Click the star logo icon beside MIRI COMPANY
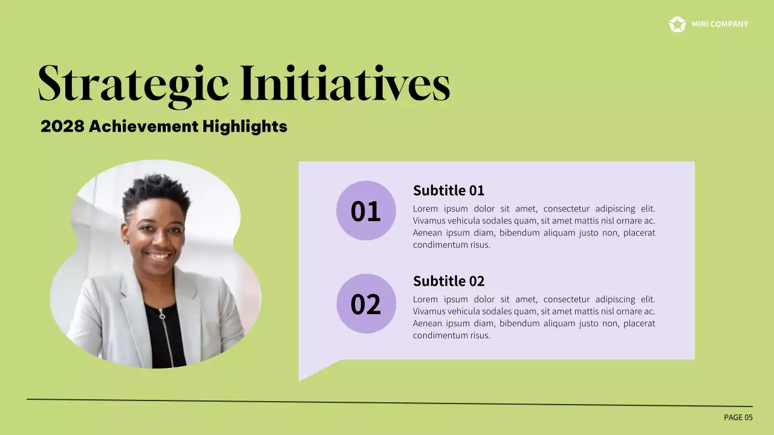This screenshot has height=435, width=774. tap(677, 24)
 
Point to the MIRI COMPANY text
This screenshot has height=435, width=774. tap(720, 24)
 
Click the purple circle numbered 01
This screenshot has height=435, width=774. tap(366, 211)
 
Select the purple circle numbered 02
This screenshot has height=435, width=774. tap(366, 303)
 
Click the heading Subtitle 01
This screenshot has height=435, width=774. tap(449, 190)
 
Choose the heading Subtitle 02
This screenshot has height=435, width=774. tap(449, 281)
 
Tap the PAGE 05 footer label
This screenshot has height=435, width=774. tap(738, 417)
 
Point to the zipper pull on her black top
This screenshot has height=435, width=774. tap(162, 315)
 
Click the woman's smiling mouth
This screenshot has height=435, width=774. tap(160, 256)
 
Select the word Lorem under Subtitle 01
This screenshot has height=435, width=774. tap(426, 208)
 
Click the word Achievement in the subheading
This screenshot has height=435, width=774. tap(143, 126)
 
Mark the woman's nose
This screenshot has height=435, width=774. tap(158, 240)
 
